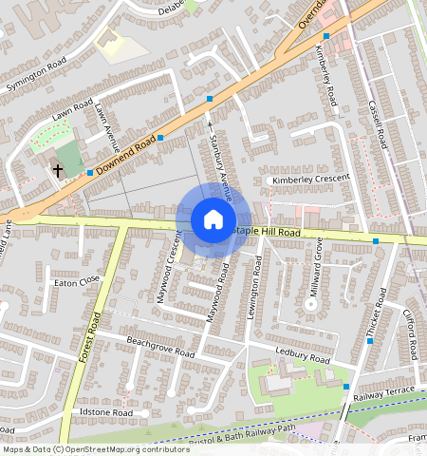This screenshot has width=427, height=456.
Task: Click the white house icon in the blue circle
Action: click(x=213, y=220)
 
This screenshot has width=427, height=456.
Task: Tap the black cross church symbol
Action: click(x=58, y=170)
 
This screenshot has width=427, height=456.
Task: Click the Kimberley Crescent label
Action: click(x=310, y=178)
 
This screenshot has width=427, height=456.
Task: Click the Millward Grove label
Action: click(x=319, y=275)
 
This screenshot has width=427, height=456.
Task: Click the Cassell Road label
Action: click(x=378, y=123)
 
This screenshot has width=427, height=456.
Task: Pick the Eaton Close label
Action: click(x=77, y=282)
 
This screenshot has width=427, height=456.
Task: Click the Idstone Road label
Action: click(x=106, y=413)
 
